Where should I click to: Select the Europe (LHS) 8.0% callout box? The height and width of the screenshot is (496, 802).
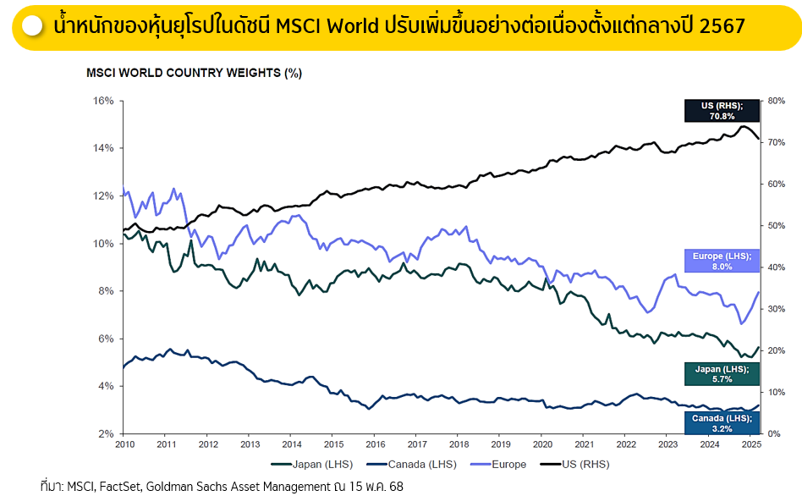coord(722,261)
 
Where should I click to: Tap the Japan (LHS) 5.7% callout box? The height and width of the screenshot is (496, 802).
coord(722,374)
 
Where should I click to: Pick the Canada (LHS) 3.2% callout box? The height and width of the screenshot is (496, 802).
coord(722,422)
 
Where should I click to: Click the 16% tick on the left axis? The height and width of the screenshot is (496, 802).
coord(102,101)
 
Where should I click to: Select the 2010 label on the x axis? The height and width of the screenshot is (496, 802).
coord(124,444)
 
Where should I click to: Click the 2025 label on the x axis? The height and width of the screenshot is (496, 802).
coord(749,444)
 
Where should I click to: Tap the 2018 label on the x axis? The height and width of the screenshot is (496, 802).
coord(458,444)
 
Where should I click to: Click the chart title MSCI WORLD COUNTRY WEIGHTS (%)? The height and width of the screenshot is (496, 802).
coord(194,73)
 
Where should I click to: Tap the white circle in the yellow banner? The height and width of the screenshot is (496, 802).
coord(32,26)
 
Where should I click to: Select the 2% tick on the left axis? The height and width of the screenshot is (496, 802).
coord(106,433)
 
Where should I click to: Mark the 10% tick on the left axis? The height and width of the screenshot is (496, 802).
coord(102,244)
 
